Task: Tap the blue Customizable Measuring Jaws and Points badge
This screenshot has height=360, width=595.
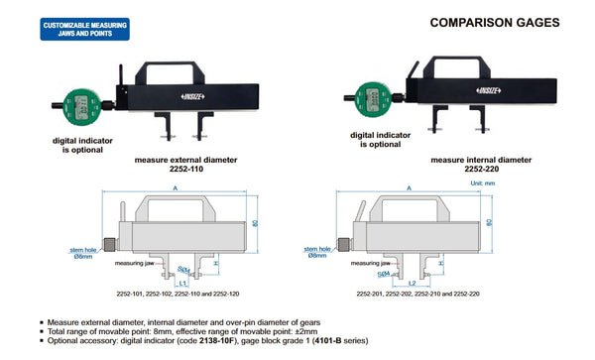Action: [x=84, y=26]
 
